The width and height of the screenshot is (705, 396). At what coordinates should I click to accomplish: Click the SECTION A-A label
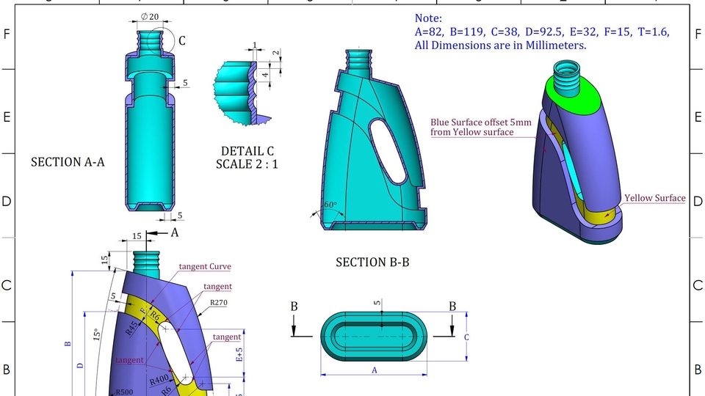pyautogui.click(x=68, y=162)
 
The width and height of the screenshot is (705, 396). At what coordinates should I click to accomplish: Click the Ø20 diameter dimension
pyautogui.click(x=149, y=17)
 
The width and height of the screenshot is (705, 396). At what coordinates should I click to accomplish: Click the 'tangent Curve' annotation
pyautogui.click(x=205, y=266)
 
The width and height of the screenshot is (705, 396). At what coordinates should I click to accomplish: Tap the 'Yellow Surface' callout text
pyautogui.click(x=654, y=198)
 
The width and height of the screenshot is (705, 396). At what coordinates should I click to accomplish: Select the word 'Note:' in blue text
pyautogui.click(x=429, y=18)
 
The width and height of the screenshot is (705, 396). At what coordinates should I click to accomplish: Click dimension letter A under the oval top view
pyautogui.click(x=375, y=370)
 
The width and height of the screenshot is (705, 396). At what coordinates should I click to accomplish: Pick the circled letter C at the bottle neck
pyautogui.click(x=181, y=41)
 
